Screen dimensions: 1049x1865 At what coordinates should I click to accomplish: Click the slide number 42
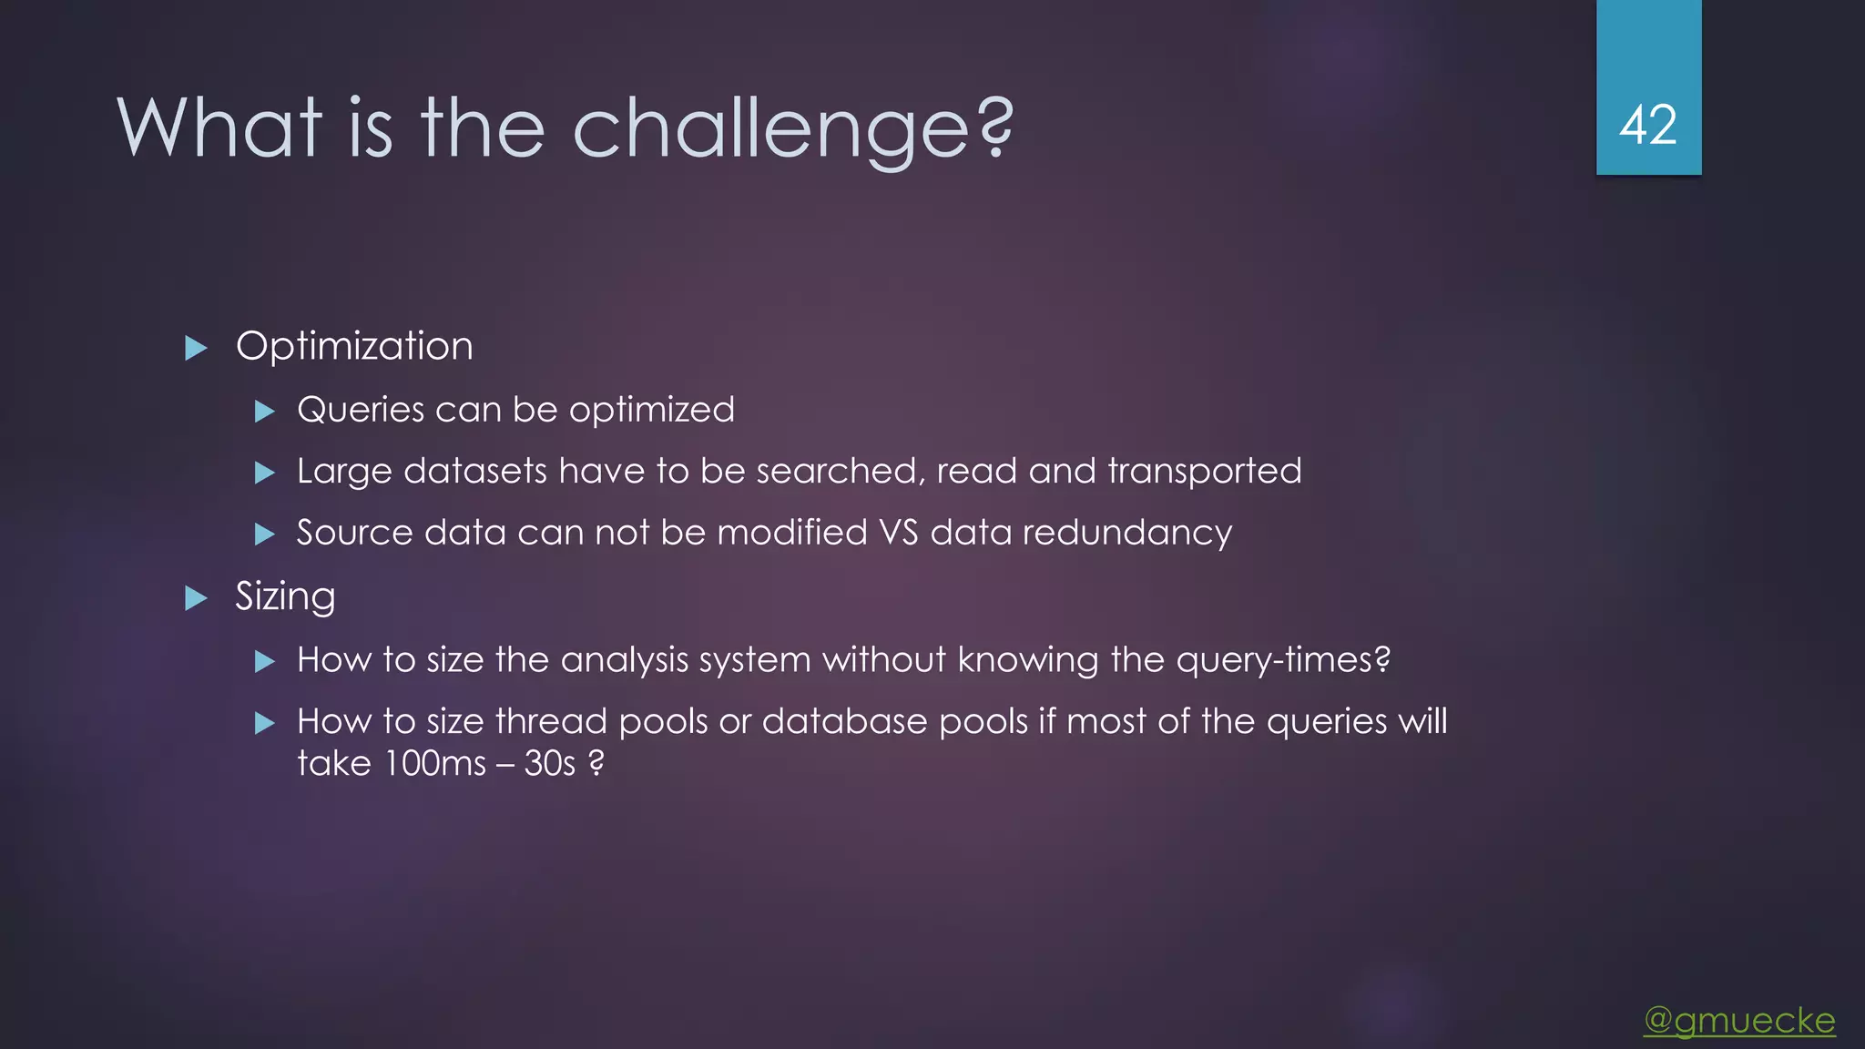[x=1647, y=125]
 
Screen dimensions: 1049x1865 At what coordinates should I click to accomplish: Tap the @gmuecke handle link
[x=1739, y=1021]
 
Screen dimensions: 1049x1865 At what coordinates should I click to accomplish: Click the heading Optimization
[x=354, y=347]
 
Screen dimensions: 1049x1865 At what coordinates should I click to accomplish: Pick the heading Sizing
[x=285, y=597]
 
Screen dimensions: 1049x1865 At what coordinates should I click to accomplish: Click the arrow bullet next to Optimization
[x=196, y=348]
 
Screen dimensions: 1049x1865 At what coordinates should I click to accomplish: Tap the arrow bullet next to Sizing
[x=196, y=598]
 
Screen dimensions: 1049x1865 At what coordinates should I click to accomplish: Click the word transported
[x=1205, y=472]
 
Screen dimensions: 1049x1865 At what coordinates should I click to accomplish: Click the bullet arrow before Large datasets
[x=264, y=473]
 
